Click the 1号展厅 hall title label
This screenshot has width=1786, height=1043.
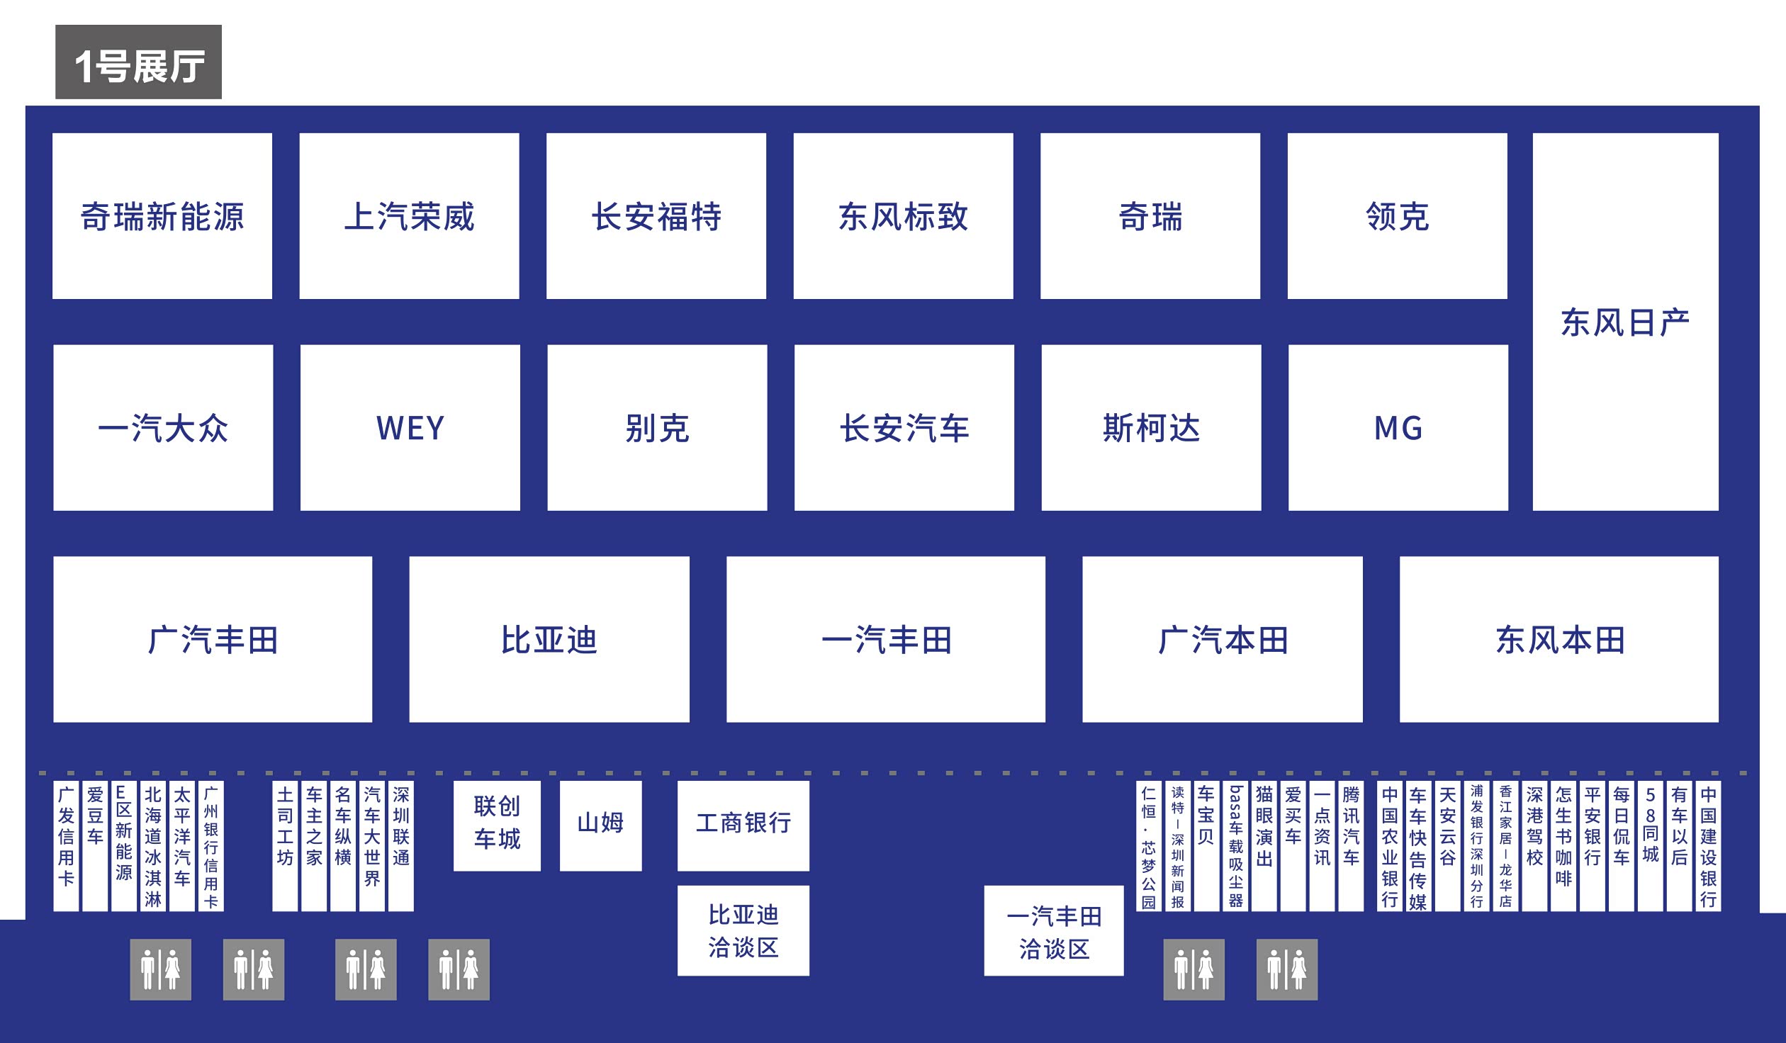tap(138, 62)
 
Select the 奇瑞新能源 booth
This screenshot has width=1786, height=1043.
tap(162, 216)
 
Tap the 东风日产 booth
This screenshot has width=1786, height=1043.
tap(1625, 322)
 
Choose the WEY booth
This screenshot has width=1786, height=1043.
tap(410, 427)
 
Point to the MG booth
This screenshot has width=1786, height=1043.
tap(1398, 427)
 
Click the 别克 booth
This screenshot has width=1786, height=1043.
tap(657, 427)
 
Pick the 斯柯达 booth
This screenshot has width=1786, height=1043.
tap(1151, 427)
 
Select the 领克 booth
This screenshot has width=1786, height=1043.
tap(1397, 216)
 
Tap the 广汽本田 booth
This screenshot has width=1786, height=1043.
tap(1222, 639)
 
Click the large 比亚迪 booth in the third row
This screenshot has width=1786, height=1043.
tap(549, 639)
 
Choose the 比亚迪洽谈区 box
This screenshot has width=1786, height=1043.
tap(743, 930)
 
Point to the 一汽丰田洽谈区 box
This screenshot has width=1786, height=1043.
tap(1053, 930)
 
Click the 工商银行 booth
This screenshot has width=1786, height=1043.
tap(743, 825)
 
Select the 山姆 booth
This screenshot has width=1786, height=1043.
tap(600, 825)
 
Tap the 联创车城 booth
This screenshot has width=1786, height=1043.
tap(497, 825)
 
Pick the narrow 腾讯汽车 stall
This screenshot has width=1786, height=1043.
tap(1351, 846)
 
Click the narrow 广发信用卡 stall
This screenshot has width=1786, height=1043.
tap(66, 846)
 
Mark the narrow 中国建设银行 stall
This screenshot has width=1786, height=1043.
tap(1708, 846)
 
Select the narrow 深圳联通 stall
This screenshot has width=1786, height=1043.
tap(400, 846)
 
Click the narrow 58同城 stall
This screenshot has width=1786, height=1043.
tap(1650, 846)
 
